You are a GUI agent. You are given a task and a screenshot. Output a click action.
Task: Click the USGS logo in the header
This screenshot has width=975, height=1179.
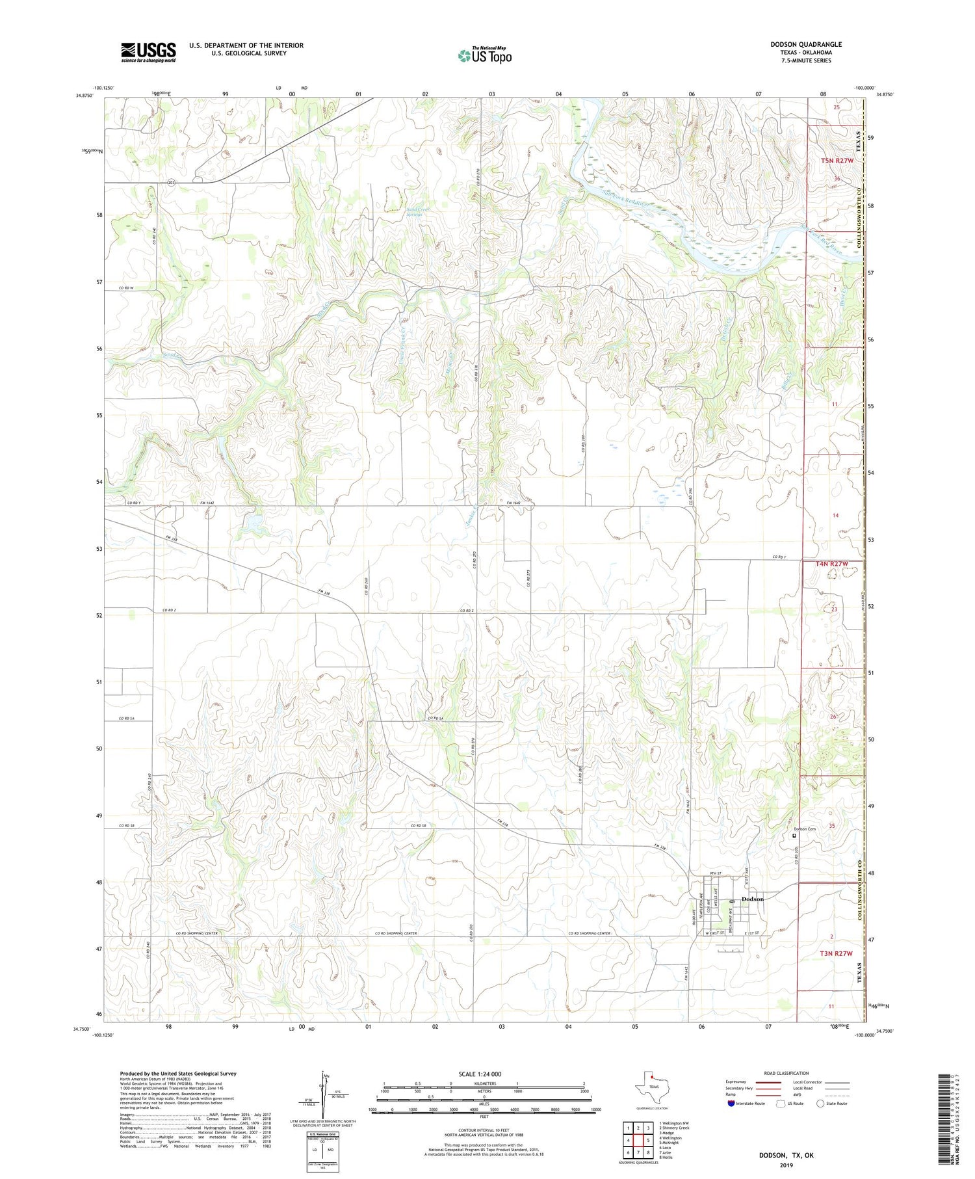pyautogui.click(x=148, y=52)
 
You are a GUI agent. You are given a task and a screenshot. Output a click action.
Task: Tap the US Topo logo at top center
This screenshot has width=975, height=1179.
pyautogui.click(x=484, y=56)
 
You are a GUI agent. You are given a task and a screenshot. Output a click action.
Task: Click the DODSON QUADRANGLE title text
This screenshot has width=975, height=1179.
pyautogui.click(x=805, y=44)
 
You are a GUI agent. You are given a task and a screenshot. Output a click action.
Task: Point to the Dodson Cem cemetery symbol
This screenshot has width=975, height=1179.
pyautogui.click(x=794, y=836)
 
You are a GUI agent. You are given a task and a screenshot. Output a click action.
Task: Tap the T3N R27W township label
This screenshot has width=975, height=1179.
pyautogui.click(x=835, y=953)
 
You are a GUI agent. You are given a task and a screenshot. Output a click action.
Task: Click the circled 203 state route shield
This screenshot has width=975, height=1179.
pyautogui.click(x=170, y=183)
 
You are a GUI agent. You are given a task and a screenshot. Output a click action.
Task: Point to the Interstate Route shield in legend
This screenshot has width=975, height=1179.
pyautogui.click(x=731, y=1104)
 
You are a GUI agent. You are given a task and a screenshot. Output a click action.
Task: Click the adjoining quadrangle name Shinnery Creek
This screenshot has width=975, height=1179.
pyautogui.click(x=673, y=1128)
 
